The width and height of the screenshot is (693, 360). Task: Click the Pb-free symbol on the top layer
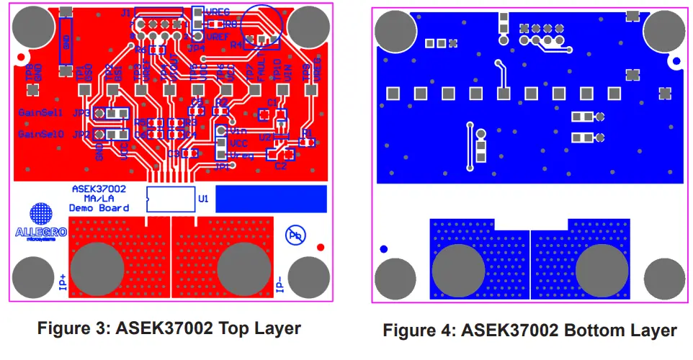(x=295, y=235)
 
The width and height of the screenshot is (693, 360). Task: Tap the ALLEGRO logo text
(x=41, y=232)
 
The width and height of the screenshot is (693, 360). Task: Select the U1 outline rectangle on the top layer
(x=171, y=198)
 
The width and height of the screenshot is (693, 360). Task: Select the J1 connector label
(x=126, y=14)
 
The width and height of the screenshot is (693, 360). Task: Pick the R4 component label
(x=236, y=45)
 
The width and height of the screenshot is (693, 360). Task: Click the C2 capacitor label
(x=280, y=166)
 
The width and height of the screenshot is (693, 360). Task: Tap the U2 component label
(x=264, y=137)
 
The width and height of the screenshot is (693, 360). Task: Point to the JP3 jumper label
(x=80, y=114)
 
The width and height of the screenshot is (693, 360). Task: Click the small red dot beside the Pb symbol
(x=320, y=248)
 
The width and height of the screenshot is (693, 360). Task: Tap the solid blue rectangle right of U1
(x=271, y=198)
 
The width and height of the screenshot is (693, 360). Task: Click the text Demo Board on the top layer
(x=99, y=208)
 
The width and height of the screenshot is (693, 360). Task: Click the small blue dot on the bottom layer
(x=383, y=249)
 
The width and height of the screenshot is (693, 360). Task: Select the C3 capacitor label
(x=173, y=153)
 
